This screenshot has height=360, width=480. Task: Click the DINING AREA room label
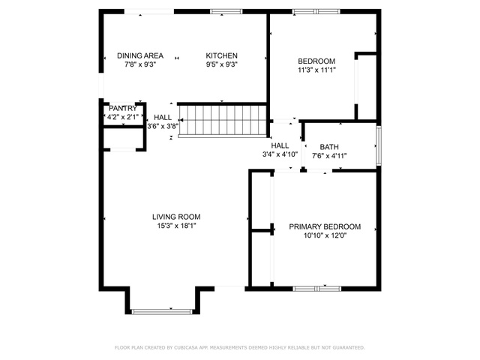point(140,55)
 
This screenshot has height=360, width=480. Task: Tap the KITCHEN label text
point(222,55)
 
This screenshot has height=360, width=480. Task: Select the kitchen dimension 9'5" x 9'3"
point(222,64)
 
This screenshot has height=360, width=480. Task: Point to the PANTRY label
point(123,108)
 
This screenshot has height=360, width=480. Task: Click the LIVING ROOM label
point(176,217)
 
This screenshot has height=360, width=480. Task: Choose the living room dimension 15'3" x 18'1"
point(176,226)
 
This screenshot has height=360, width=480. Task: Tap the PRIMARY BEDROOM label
point(325,226)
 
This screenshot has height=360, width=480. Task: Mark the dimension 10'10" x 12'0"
point(325,235)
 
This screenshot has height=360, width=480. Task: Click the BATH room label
point(329,147)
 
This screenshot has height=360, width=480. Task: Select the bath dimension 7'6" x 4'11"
point(329,156)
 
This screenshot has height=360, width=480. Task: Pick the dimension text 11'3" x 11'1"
point(316,70)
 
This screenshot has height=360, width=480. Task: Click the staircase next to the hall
point(223,121)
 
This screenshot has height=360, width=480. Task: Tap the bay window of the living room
point(162,312)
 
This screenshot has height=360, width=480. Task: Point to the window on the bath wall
point(379,145)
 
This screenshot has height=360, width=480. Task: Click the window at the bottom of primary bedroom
point(316,288)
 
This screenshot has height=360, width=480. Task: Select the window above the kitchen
point(226,12)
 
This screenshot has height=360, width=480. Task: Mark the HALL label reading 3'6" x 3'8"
point(163,121)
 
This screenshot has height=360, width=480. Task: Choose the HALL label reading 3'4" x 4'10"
point(280,150)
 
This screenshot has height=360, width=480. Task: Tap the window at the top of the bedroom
point(316,12)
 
